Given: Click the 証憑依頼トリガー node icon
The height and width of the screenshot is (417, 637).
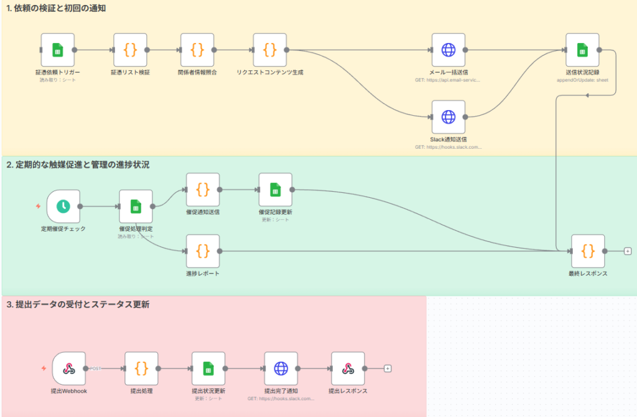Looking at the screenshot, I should tap(57, 50).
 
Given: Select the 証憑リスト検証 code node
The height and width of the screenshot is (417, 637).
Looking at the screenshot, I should tap(130, 50).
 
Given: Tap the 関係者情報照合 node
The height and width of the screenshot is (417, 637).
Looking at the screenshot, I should tap(197, 50).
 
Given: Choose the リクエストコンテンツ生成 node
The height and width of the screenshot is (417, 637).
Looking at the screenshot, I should tap(270, 50).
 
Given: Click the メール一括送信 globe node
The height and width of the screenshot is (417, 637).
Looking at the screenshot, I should tap(449, 50).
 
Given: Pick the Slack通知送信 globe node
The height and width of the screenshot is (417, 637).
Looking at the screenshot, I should tap(449, 116).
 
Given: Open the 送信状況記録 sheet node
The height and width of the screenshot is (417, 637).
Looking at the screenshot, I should tap(582, 50).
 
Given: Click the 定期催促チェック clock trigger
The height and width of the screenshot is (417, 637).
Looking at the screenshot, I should tap(63, 206).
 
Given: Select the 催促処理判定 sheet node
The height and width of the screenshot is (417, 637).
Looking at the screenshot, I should tap(136, 206).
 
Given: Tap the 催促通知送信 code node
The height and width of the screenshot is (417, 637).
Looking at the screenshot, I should tap(203, 189).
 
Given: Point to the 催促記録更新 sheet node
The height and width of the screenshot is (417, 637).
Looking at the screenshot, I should tap(276, 189).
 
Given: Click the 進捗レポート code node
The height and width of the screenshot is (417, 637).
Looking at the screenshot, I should tap(203, 251).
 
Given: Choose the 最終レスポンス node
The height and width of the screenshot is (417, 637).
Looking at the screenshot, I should tap(588, 251).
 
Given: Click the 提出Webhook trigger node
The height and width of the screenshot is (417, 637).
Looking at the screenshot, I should tap(69, 368).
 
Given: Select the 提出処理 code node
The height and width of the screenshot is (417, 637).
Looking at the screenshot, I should tap(141, 368).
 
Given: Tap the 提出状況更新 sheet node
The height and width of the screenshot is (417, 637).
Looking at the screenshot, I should tap(208, 368).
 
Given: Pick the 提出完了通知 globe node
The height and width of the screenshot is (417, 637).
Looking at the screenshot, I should tap(281, 368).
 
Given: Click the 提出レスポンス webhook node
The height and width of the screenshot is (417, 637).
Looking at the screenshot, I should tap(348, 368).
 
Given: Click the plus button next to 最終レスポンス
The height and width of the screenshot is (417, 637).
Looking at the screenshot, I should tap(628, 251).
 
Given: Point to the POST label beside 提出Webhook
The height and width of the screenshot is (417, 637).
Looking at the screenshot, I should tap(96, 368).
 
